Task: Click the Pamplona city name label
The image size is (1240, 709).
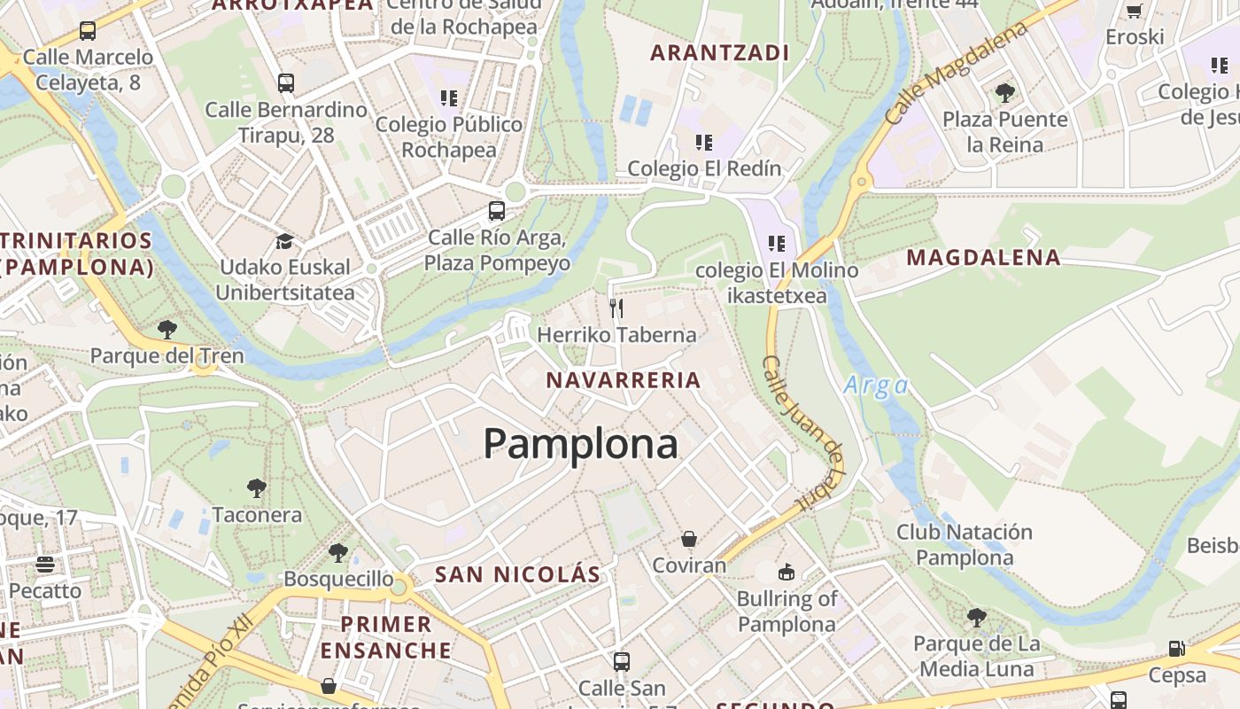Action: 580,443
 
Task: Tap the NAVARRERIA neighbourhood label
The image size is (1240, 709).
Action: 624,380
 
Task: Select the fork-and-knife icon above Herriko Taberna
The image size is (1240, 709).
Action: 616,308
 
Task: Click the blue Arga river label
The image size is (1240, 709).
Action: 876,386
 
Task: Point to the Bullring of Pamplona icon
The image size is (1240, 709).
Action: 787,572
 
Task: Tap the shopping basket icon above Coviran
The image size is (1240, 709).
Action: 689,538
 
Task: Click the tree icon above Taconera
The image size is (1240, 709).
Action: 257,487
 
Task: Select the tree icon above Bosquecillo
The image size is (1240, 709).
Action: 337,553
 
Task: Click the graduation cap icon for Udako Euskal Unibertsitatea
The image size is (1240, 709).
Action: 284,241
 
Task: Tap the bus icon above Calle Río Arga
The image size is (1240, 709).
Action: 497,211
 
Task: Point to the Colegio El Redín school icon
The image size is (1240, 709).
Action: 704,142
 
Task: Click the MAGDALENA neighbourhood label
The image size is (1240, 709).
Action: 983,258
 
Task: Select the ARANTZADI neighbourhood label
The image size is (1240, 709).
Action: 719,53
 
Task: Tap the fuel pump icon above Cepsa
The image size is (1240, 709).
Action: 1176,649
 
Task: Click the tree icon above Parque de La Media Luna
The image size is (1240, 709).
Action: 977,617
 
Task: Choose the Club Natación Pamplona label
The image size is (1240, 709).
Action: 965,545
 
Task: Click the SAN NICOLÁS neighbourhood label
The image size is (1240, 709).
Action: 517,574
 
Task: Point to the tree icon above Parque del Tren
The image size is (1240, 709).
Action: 167,330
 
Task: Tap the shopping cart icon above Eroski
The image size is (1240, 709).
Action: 1134,11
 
